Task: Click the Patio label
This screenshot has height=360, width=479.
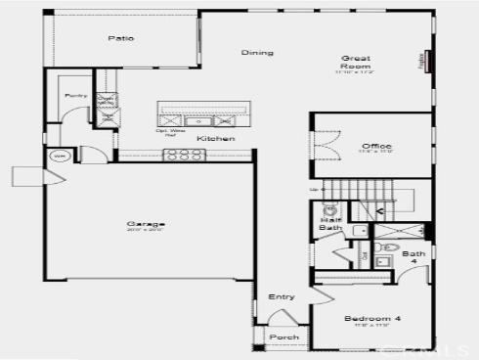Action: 121,39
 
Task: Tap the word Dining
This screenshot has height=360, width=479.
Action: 257,53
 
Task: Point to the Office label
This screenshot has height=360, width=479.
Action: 370,146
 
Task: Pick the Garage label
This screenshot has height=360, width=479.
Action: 138,224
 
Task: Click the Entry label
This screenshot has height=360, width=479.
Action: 281,296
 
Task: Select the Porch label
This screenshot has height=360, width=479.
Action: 283,337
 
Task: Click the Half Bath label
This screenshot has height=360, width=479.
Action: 329,224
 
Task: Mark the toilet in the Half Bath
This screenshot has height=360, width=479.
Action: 330,208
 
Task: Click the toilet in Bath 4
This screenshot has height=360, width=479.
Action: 388,247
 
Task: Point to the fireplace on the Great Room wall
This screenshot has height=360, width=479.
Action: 427,62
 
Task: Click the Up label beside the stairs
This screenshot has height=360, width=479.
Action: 313,190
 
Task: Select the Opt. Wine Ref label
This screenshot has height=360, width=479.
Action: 172,132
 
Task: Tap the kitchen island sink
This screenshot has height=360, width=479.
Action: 199,121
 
